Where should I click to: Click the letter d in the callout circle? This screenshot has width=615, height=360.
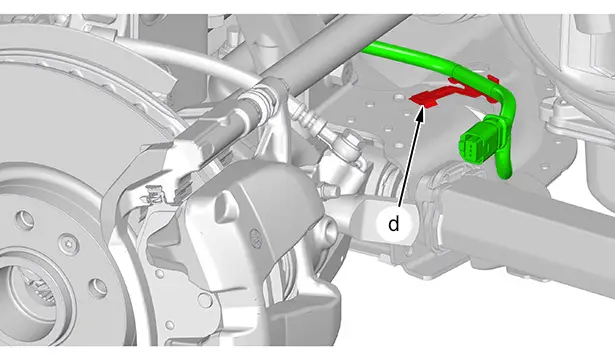point(393,224)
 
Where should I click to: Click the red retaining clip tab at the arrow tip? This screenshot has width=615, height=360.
point(425,99)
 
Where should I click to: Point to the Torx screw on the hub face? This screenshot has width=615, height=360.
point(69,244)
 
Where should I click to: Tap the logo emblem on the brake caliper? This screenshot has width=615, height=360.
point(255,238)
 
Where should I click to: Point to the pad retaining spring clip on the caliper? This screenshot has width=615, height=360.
point(155,193)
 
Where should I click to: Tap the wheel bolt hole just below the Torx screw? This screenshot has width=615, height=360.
point(98,289)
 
